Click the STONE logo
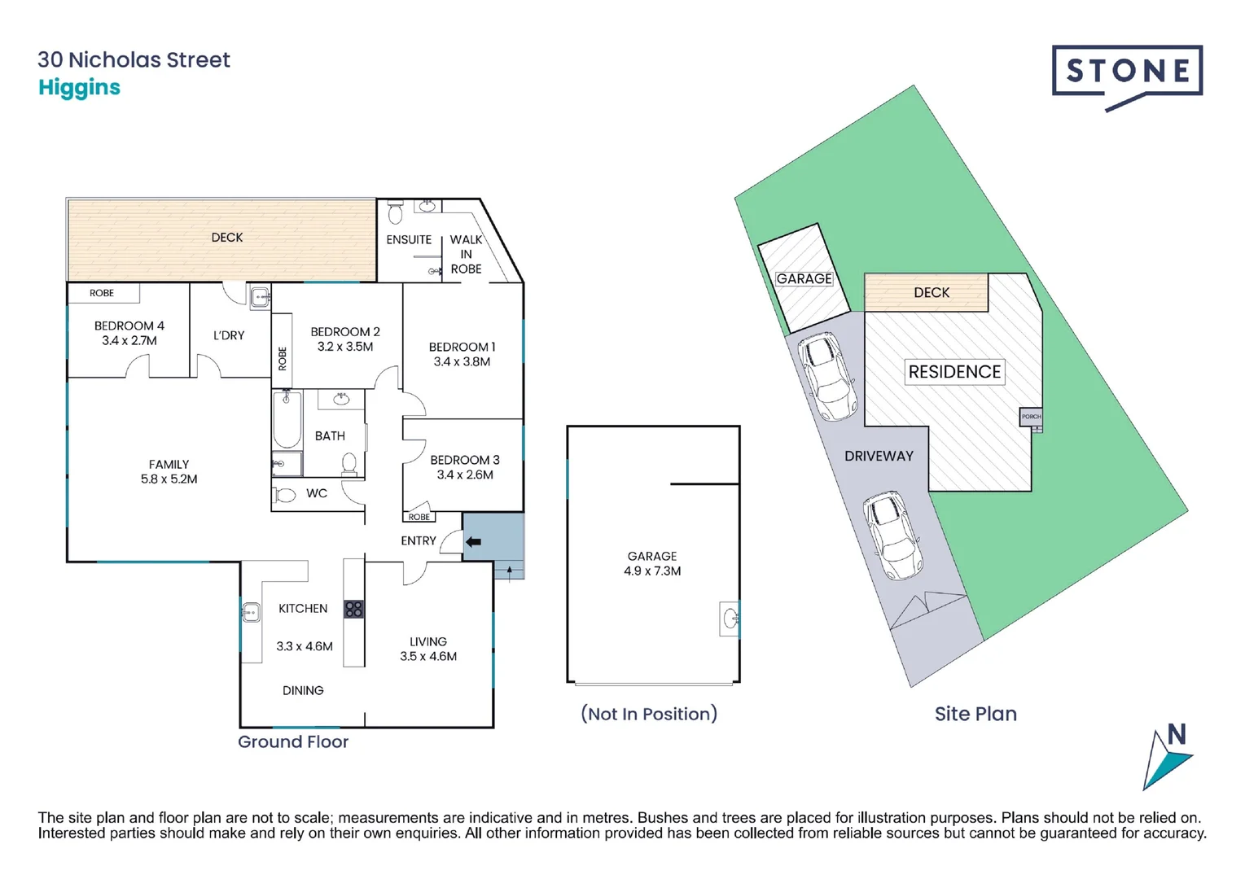(x=1127, y=73)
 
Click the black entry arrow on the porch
(x=473, y=541)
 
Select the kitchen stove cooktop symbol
(x=353, y=609)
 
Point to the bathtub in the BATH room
(x=287, y=419)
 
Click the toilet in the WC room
(x=284, y=495)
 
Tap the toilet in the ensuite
(x=395, y=214)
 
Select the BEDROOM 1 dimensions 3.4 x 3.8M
(x=462, y=361)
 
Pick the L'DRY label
(x=229, y=335)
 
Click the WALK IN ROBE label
(x=466, y=254)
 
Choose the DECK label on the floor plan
(x=227, y=238)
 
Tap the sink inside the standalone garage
(x=730, y=618)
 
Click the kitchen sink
(x=251, y=611)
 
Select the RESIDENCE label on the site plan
(x=954, y=372)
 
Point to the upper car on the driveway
(x=826, y=375)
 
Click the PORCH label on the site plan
(x=1031, y=416)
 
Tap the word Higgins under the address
(x=79, y=88)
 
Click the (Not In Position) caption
(x=649, y=714)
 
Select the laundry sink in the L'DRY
(x=260, y=297)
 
